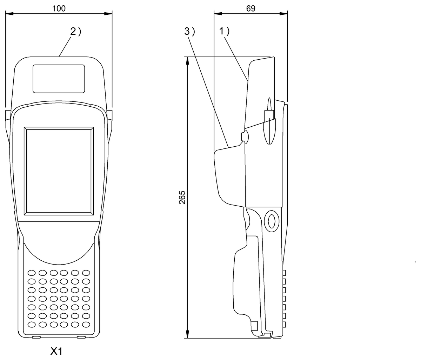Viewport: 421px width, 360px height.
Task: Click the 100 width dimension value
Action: [x=59, y=8]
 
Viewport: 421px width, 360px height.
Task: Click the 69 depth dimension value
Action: [x=250, y=8]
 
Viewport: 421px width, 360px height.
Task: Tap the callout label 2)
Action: [x=75, y=32]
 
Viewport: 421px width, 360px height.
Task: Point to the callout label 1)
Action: [x=225, y=32]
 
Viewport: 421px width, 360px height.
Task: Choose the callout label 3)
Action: [x=189, y=32]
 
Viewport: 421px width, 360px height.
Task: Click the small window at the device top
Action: [x=59, y=79]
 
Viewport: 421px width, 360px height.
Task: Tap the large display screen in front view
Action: [x=59, y=171]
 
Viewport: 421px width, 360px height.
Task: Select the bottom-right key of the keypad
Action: [x=86, y=324]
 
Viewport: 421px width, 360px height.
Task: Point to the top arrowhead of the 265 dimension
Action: [x=188, y=61]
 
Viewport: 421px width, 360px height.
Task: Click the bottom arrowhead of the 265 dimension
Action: [x=188, y=334]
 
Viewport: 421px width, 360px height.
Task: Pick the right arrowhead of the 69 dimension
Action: [x=284, y=14]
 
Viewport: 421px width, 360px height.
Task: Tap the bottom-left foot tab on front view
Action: [x=36, y=338]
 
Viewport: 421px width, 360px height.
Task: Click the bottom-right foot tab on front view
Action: [x=81, y=338]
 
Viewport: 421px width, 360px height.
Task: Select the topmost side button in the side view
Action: [x=284, y=273]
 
